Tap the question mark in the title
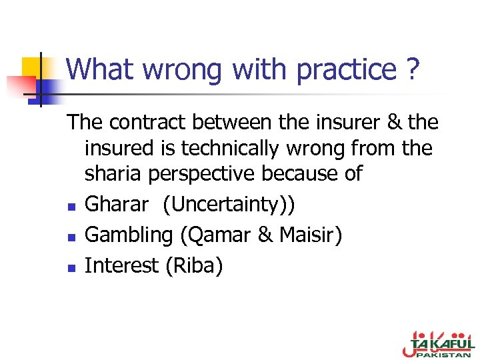click(x=413, y=69)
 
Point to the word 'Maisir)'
click(x=311, y=235)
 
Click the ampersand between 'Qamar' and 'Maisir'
click(x=267, y=235)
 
